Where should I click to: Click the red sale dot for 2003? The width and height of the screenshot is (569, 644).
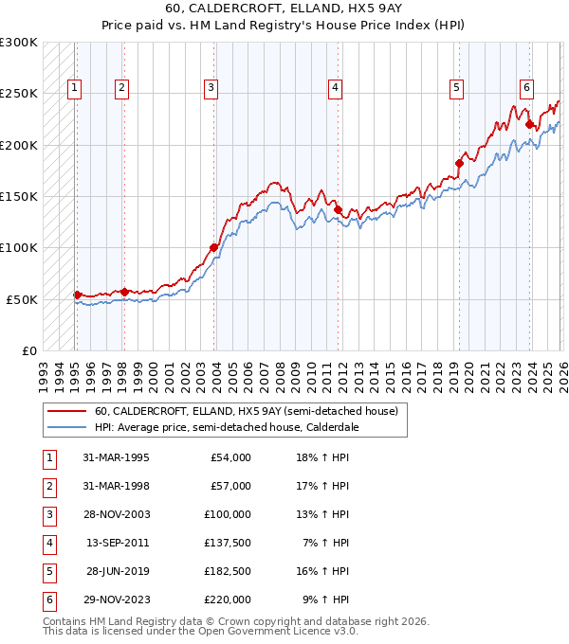213,248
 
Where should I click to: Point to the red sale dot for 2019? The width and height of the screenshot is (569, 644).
458,163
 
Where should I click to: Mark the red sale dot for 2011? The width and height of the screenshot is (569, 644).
338,209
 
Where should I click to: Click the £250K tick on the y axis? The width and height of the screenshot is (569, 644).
19,94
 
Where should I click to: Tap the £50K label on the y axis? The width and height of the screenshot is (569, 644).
22,299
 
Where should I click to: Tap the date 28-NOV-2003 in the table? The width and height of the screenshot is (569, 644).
117,514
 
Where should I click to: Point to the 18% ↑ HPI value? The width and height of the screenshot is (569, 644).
325,457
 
